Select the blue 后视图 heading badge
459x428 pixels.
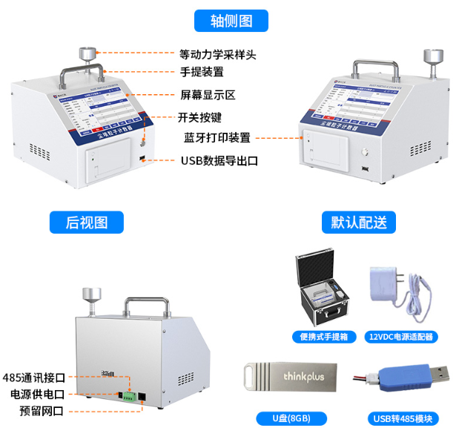click(86, 222)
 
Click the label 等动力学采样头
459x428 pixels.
click(217, 54)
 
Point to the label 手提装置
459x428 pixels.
click(202, 73)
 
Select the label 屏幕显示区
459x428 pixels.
click(207, 95)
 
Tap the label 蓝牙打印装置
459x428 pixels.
click(217, 137)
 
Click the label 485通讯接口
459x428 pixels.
click(34, 378)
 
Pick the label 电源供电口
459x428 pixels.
click(37, 394)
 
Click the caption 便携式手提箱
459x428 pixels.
click(323, 336)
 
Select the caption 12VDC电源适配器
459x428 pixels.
click(400, 336)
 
